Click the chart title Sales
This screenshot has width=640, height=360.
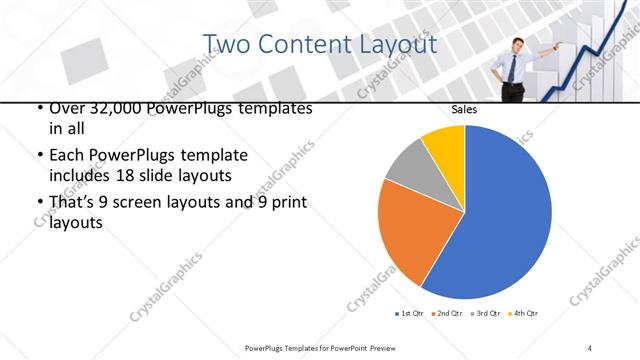coord(464,108)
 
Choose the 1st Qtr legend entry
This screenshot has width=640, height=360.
coord(409,314)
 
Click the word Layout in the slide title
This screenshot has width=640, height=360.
coord(398,45)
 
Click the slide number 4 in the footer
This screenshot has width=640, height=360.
coord(591,347)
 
